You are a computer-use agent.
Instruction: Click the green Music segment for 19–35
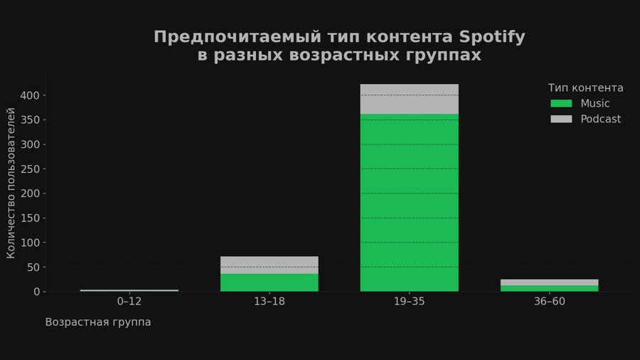pyautogui.click(x=409, y=203)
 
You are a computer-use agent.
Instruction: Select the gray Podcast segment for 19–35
pyautogui.click(x=409, y=99)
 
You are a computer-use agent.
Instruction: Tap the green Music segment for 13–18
pyautogui.click(x=270, y=282)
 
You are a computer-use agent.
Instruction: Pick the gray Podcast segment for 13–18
pyautogui.click(x=270, y=265)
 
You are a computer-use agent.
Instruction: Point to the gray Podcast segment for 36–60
pyautogui.click(x=549, y=282)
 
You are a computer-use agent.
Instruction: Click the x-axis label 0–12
pyautogui.click(x=129, y=302)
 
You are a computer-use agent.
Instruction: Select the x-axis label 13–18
pyautogui.click(x=270, y=302)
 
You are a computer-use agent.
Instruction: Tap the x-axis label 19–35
pyautogui.click(x=409, y=302)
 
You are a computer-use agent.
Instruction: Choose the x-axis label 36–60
pyautogui.click(x=549, y=302)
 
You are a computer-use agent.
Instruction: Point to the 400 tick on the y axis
pyautogui.click(x=33, y=95)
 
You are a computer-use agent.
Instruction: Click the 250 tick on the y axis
pyautogui.click(x=33, y=169)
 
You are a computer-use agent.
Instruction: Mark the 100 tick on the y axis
pyautogui.click(x=33, y=243)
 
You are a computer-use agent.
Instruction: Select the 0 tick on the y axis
pyautogui.click(x=38, y=292)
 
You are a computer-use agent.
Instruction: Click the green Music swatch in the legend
pyautogui.click(x=561, y=103)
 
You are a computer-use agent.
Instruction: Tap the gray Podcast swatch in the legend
pyautogui.click(x=561, y=119)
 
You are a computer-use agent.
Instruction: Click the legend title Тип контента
pyautogui.click(x=585, y=88)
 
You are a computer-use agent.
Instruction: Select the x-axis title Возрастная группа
pyautogui.click(x=98, y=322)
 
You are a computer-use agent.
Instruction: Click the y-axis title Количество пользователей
pyautogui.click(x=11, y=183)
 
